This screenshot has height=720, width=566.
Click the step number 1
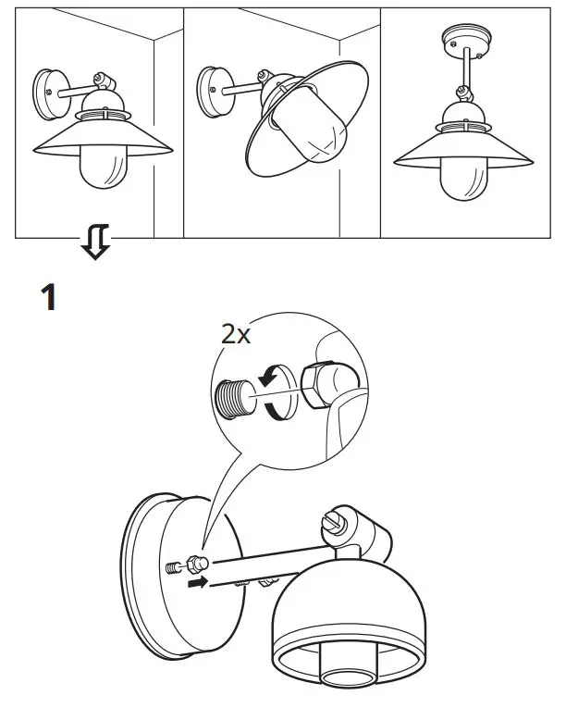point(49,298)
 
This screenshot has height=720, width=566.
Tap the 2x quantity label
point(236,334)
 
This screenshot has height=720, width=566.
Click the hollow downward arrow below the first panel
point(95,244)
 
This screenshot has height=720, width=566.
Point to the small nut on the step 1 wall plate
point(194,564)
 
